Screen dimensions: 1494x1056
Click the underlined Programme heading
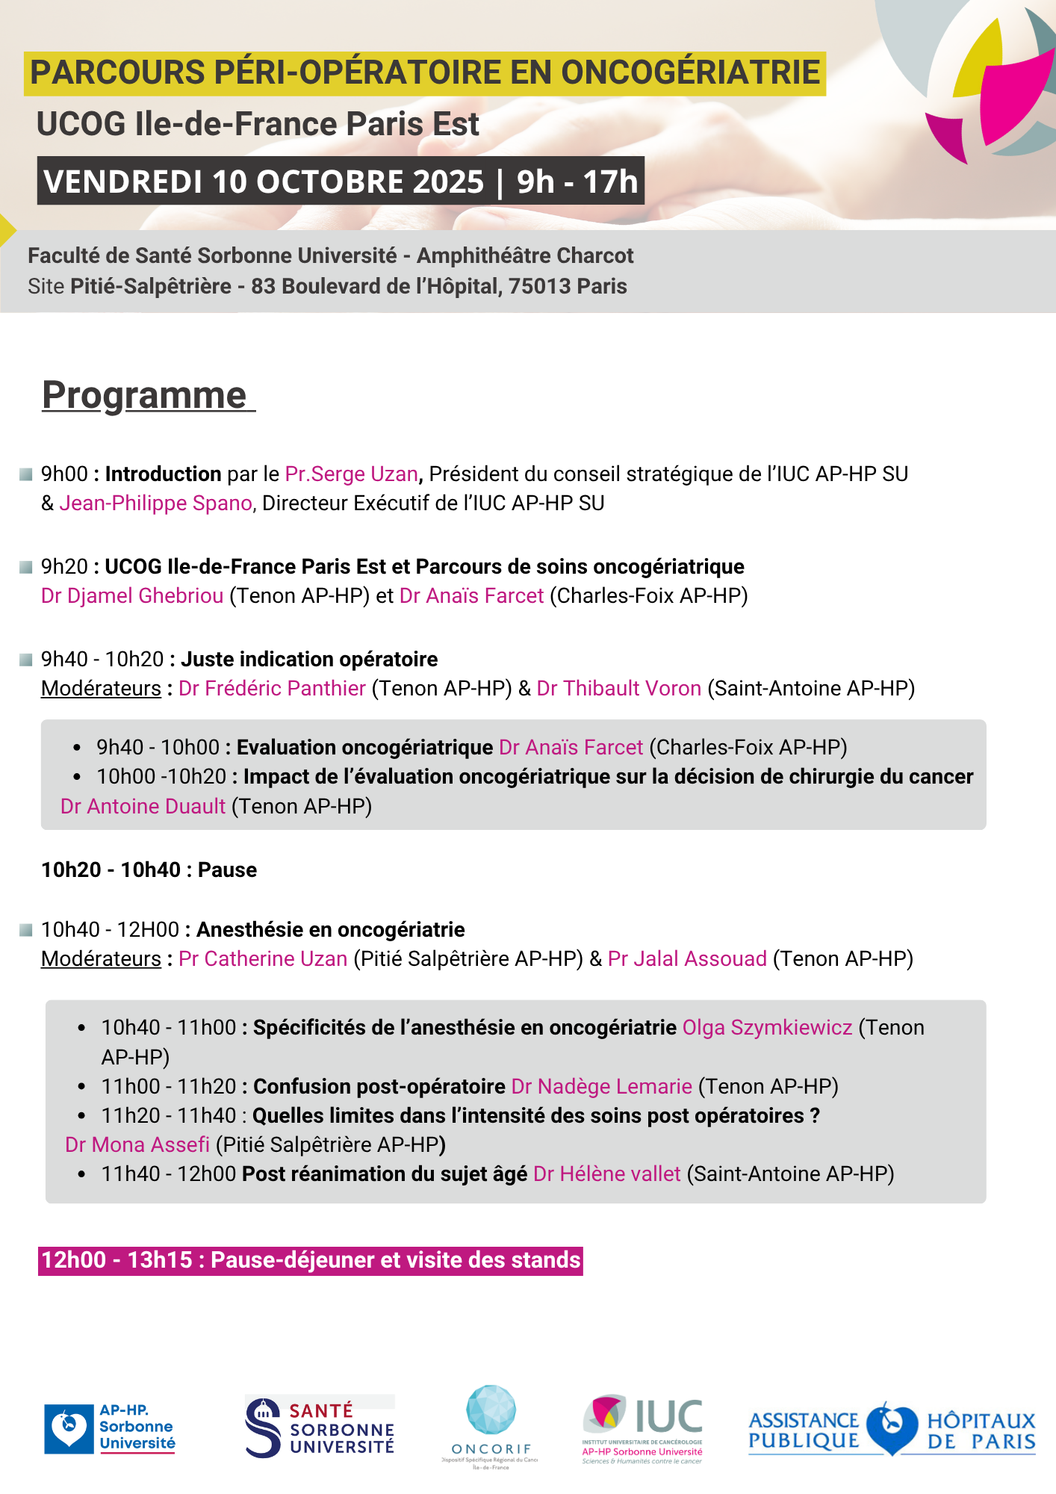(145, 395)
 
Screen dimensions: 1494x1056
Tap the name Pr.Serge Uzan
(351, 474)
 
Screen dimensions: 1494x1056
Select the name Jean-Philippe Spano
(155, 503)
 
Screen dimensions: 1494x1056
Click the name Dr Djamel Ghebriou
(132, 596)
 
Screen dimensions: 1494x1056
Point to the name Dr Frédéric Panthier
(272, 689)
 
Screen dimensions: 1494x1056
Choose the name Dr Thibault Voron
(618, 689)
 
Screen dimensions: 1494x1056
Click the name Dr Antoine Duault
(143, 807)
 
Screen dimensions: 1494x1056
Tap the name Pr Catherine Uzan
(263, 959)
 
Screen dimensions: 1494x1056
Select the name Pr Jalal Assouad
(687, 959)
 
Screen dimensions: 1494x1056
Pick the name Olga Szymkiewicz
(767, 1028)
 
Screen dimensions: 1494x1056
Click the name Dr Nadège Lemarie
(601, 1087)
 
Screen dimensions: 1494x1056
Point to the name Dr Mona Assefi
(137, 1145)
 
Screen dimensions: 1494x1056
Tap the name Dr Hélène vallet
(606, 1174)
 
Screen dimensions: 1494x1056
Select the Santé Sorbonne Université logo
(320, 1427)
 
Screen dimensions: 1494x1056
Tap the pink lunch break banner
(311, 1260)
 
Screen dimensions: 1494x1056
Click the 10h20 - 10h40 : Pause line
(149, 870)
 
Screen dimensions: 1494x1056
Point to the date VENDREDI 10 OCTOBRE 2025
(264, 182)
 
